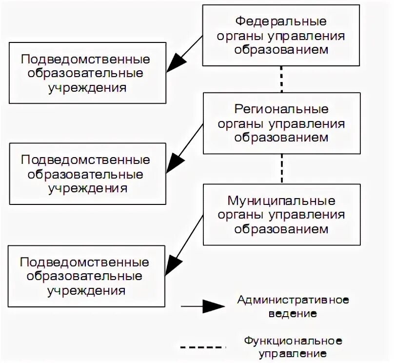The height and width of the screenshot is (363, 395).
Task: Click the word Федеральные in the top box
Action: tap(281, 21)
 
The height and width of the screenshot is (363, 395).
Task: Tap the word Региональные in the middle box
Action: tap(281, 108)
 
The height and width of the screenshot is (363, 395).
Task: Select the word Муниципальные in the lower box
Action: tap(281, 201)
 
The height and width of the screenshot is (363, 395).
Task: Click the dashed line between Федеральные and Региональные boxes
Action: tap(281, 79)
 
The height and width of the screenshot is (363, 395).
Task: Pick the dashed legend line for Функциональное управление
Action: tap(202, 347)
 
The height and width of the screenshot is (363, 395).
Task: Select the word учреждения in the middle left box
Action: tap(87, 188)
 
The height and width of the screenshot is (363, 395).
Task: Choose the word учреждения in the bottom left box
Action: tap(87, 291)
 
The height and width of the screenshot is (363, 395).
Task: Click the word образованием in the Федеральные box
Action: tap(281, 50)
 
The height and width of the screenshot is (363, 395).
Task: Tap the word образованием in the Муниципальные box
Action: tap(281, 228)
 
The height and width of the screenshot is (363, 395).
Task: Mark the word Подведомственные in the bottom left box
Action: tap(85, 262)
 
